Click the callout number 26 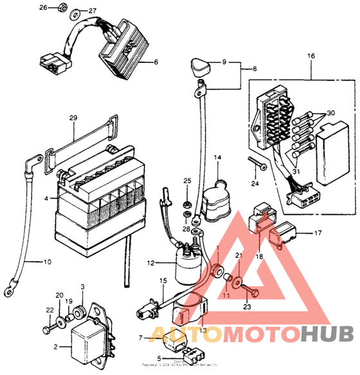[x=44, y=8]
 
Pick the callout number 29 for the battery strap [x=73, y=118]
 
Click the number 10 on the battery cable [x=46, y=262]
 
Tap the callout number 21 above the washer [x=237, y=256]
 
